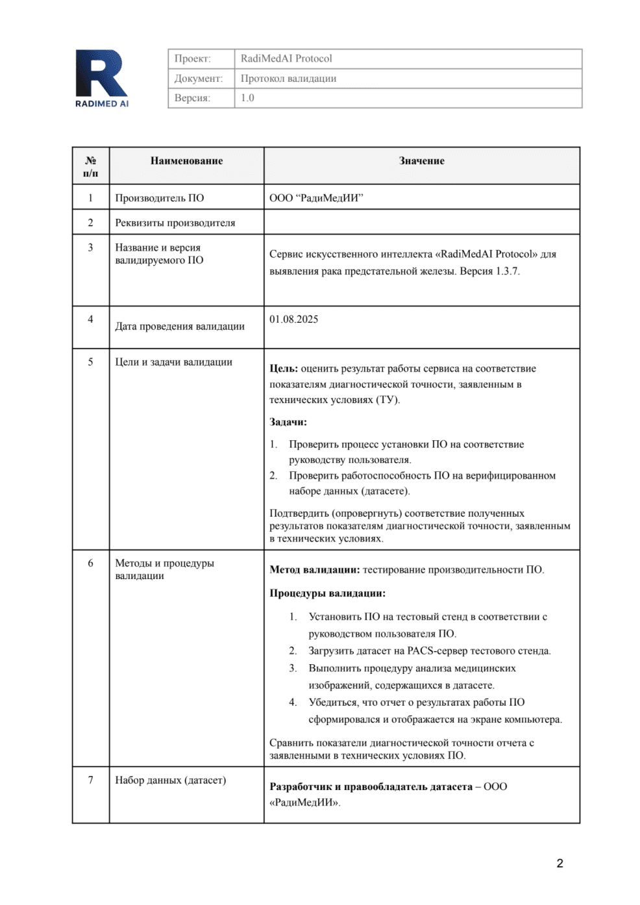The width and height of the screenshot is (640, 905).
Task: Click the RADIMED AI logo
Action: [101, 78]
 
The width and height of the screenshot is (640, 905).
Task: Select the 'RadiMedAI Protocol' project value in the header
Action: [286, 58]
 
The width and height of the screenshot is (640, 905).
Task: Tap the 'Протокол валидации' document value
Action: [288, 79]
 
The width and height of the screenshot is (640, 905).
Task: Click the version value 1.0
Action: [247, 98]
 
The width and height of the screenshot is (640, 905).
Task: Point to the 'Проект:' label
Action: [192, 58]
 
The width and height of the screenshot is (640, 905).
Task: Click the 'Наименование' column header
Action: [186, 161]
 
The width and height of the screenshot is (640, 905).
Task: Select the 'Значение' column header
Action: [421, 161]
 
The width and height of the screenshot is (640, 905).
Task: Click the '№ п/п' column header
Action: [90, 167]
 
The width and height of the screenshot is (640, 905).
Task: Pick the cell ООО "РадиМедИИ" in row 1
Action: [316, 198]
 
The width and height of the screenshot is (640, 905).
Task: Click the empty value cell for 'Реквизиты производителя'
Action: [421, 222]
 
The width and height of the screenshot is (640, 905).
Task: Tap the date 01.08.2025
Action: [294, 319]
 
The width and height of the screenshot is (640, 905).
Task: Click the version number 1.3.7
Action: [507, 271]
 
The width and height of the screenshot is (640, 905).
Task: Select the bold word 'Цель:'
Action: [284, 369]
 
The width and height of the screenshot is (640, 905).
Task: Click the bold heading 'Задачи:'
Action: [288, 422]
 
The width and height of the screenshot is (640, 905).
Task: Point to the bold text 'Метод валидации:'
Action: [314, 570]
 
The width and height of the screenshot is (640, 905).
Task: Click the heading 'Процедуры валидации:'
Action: [327, 593]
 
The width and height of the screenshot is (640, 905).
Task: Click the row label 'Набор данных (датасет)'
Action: [170, 780]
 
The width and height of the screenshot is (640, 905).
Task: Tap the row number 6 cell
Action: [90, 564]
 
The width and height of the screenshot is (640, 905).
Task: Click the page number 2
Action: [560, 863]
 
